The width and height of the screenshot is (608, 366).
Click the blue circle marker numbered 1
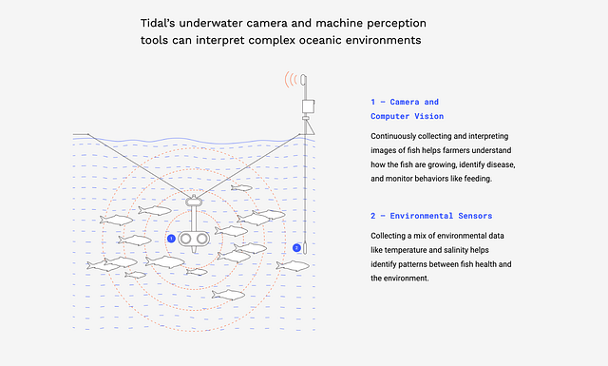tap(171, 239)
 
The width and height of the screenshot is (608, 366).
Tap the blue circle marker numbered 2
tap(296, 247)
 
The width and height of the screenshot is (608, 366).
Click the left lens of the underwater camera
tap(186, 239)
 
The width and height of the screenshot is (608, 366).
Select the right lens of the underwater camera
tap(202, 239)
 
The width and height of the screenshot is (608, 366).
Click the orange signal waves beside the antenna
tap(291, 80)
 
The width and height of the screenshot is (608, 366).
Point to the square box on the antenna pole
tap(308, 106)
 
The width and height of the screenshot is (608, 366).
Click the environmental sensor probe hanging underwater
tap(305, 247)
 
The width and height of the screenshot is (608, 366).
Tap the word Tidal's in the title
tap(158, 23)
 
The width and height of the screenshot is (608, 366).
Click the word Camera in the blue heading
tap(405, 102)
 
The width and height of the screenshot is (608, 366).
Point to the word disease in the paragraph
tap(501, 164)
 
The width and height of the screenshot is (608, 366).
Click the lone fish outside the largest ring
tap(293, 266)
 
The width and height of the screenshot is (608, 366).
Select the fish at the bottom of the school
tap(228, 295)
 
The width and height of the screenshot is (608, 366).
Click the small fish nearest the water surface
tap(241, 188)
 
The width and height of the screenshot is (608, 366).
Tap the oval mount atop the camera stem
tap(194, 202)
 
